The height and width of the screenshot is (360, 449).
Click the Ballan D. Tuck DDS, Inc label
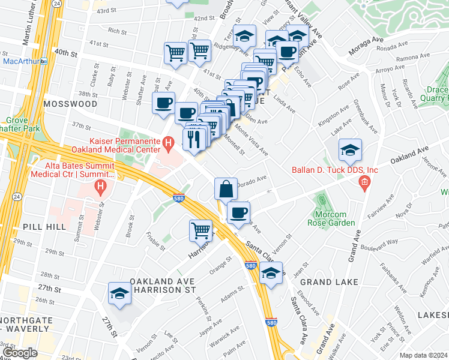tap(335, 170)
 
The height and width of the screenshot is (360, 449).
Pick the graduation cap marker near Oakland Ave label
tap(349, 150)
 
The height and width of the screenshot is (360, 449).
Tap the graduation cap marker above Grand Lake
tap(271, 273)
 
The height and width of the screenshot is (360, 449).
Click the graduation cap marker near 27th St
tap(119, 294)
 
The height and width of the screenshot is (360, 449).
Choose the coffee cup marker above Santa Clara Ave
tap(239, 212)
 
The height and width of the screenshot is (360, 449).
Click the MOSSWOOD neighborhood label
tap(70, 104)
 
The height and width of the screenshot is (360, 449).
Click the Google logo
tap(20, 353)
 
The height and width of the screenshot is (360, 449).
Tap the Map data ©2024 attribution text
tap(423, 355)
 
